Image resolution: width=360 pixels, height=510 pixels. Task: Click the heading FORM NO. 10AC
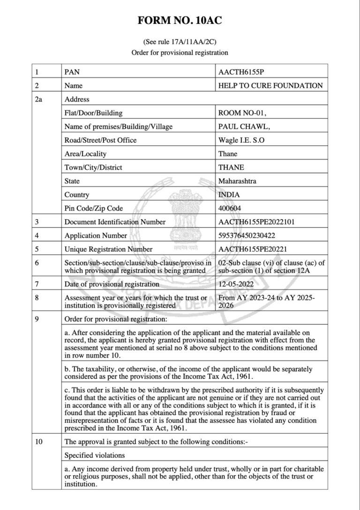[x=180, y=20]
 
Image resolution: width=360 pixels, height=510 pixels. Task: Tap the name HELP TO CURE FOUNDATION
[x=270, y=86]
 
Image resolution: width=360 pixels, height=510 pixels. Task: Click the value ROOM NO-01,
[x=239, y=113]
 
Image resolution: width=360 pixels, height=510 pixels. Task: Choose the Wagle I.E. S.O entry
[x=241, y=140]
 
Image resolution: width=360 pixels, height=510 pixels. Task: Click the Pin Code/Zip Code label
[x=94, y=208]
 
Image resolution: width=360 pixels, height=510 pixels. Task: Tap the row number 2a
[x=39, y=99]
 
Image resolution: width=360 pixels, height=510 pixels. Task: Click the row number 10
[x=39, y=441]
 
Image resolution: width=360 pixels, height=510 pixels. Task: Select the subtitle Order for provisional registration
[x=180, y=53]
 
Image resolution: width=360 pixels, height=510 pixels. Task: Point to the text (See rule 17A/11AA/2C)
[x=180, y=42]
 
